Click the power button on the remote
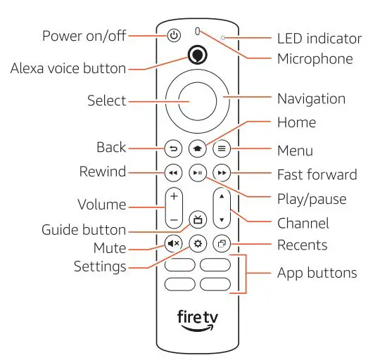pos(174,35)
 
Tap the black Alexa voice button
pos(198,56)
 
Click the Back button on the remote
pos(172,148)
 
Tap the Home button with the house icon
pos(197,148)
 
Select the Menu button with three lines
pos(222,148)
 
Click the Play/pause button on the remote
pos(197,172)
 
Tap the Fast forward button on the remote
pos(222,172)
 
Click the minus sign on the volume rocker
pos(172,219)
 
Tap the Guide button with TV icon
pos(197,219)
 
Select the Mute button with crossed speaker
pos(172,243)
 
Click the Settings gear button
pos(197,243)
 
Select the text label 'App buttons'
pos(317,273)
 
